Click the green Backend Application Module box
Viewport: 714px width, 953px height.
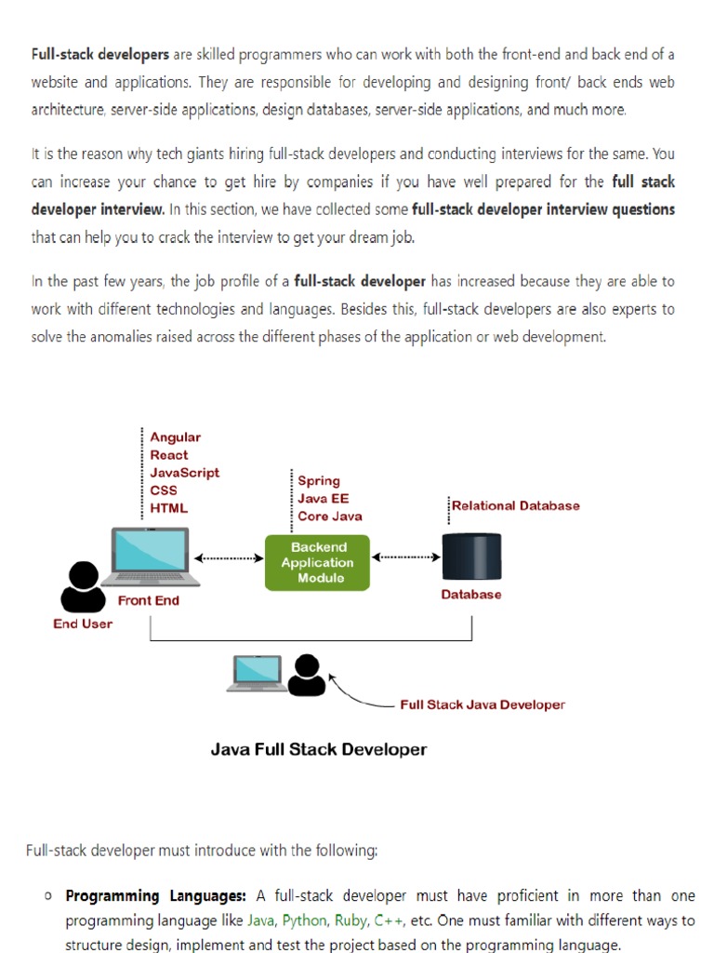coord(317,562)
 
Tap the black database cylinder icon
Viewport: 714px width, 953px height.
coord(471,557)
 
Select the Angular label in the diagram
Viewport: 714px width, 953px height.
coord(176,437)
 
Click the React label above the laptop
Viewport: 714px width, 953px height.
coord(169,455)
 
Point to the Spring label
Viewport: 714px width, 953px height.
coord(319,481)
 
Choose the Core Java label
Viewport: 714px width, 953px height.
coord(330,517)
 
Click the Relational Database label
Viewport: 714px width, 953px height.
coord(515,505)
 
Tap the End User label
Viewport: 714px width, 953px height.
coord(83,624)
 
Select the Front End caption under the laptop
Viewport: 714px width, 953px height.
coord(149,600)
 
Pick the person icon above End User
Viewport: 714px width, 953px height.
coord(83,586)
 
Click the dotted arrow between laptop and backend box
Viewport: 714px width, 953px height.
coord(229,558)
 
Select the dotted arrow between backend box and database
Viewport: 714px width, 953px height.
coord(406,557)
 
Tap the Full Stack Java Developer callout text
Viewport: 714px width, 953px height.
coord(483,705)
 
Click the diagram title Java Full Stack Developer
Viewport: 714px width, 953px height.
coord(319,749)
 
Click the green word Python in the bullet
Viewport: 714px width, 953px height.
coord(304,920)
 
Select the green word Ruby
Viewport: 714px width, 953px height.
coord(350,920)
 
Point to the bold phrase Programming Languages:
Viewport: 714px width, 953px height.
coord(155,896)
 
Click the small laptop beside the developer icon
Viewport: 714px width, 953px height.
coord(257,673)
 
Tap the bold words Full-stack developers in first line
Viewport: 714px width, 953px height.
coord(100,55)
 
